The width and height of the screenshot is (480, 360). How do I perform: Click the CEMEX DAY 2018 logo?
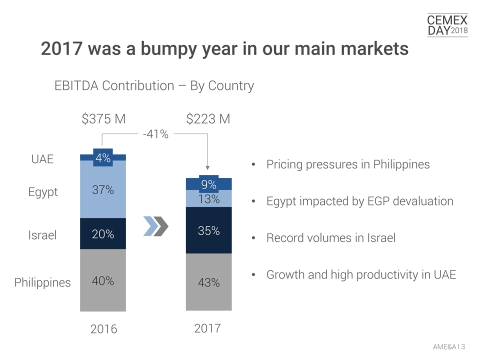coord(447,25)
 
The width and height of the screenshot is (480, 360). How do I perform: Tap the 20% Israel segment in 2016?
coord(103,234)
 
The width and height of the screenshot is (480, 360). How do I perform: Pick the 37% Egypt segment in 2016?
coord(103,190)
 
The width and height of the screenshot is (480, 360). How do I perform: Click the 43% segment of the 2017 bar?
coord(208,282)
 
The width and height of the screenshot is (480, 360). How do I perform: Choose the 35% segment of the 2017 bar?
coord(208,231)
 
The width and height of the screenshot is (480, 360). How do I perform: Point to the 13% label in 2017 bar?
coord(208,199)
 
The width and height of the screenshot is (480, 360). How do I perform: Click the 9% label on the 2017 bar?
coord(208,184)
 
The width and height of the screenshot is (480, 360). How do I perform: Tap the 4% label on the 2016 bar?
coord(103,157)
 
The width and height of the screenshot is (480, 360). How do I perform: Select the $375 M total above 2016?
coord(103,119)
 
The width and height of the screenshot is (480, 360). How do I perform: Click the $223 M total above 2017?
coord(208,119)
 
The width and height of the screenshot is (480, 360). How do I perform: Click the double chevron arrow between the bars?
coord(155,226)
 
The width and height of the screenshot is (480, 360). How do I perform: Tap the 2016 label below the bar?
coord(103,329)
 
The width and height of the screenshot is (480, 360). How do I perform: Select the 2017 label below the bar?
coord(207,328)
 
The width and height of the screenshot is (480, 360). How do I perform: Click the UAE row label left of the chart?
coord(42,159)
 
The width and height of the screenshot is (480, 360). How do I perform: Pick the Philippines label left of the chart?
coord(42,282)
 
